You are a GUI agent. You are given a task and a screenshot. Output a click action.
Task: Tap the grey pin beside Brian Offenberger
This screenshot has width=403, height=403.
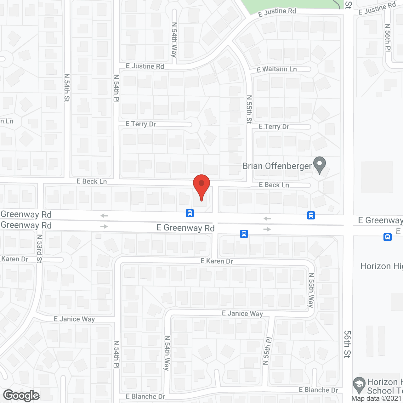coord(320,164)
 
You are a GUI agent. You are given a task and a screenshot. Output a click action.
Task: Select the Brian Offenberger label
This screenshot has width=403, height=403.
coord(277,166)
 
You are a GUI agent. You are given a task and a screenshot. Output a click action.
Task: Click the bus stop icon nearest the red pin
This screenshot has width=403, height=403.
coord(190,213)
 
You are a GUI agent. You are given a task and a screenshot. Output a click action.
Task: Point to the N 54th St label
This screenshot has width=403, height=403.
coord(67,88)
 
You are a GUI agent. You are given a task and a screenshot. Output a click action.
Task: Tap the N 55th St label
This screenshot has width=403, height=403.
coord(249,109)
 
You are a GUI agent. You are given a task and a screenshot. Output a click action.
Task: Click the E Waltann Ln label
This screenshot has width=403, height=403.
coord(277,69)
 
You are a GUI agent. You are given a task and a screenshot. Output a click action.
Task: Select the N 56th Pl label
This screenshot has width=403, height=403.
coord(388,37)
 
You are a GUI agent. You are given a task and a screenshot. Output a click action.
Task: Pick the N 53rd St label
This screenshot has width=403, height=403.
coord(39,248)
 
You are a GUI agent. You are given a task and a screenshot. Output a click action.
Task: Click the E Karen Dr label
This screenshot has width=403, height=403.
coord(217,261)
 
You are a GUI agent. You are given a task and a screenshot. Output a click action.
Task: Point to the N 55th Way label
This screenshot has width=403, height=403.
coord(311,290)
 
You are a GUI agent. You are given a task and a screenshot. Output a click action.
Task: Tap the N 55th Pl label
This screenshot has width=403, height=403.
coord(267,351)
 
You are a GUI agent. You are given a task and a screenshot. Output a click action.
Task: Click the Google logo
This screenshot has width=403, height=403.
coord(21,395)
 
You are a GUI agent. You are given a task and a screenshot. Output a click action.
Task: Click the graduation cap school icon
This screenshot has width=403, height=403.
coord(359,384)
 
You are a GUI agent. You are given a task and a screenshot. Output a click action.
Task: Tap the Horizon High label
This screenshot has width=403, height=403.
coord(381,266)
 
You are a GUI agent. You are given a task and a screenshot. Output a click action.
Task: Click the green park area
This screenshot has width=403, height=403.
coord(290,5)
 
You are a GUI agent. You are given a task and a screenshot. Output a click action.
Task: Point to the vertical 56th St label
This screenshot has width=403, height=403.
coord(347,344)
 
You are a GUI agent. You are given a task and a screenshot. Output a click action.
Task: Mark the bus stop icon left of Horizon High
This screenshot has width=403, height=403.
coord(387,237)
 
